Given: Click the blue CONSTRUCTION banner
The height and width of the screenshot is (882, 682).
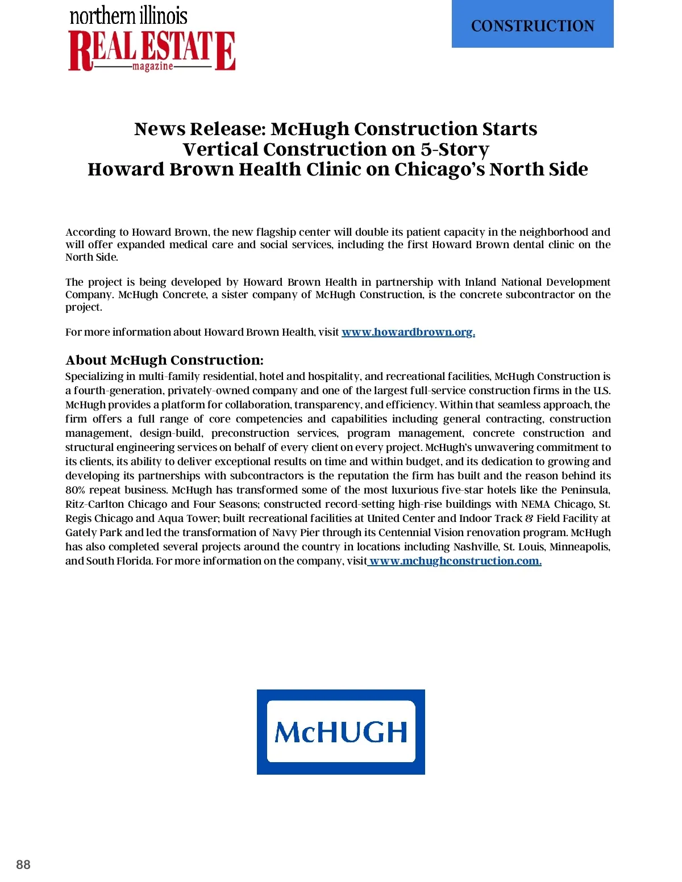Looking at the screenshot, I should coord(533,24).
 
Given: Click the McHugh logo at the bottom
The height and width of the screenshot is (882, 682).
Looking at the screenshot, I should coord(341,731).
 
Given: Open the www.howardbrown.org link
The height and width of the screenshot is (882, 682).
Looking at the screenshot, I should coord(408,332).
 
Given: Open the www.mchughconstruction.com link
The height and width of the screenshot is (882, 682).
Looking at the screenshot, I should coord(455,561).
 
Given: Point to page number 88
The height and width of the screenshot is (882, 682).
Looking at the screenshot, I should coord(23,864).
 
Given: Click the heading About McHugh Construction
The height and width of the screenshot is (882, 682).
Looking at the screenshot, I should coord(164,360).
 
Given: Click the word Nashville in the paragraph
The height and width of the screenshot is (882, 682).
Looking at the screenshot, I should coord(475,547).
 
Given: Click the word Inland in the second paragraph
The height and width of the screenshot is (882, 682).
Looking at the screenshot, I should coord(480,282).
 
